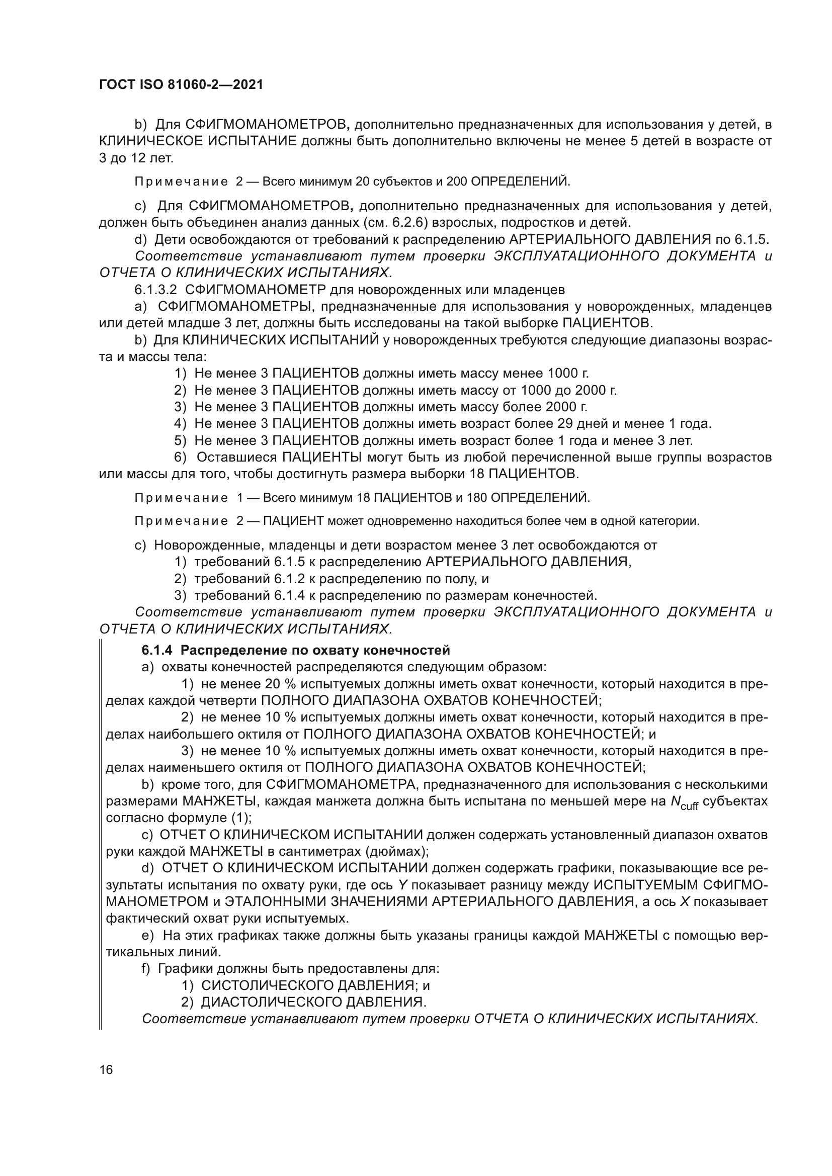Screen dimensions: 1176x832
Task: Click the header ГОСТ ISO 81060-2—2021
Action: pyautogui.click(x=181, y=85)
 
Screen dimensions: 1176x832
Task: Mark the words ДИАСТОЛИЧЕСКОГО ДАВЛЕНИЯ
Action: pyautogui.click(x=313, y=1002)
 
